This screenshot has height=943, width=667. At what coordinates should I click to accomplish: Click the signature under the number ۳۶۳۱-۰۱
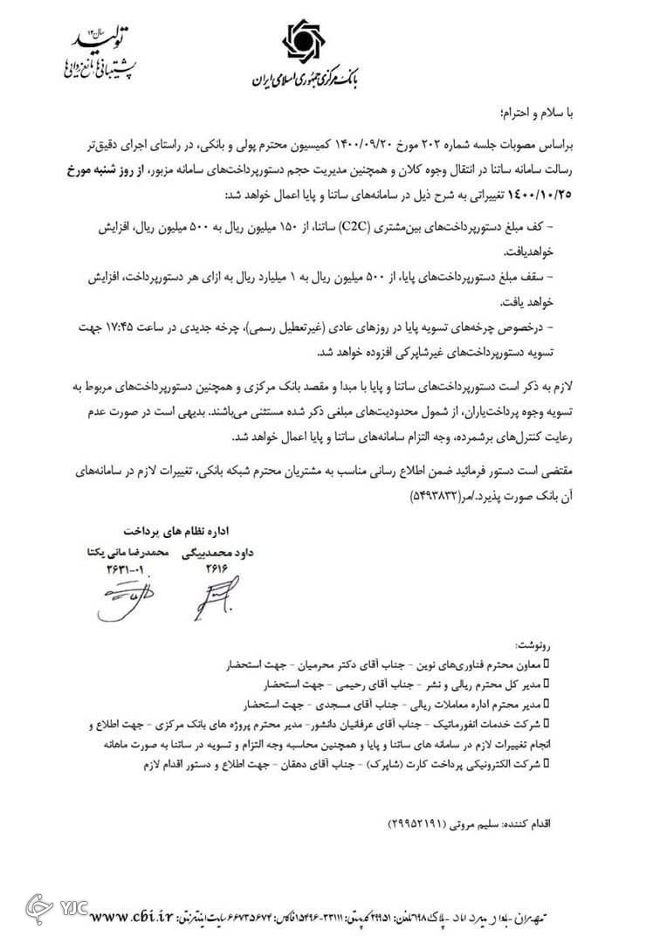click(124, 596)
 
